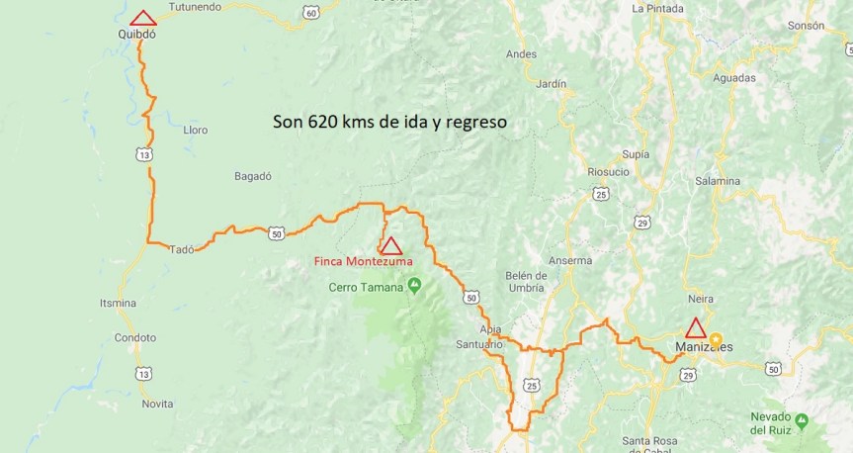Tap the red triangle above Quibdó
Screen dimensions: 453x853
(143, 18)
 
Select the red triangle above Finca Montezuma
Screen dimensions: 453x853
(391, 246)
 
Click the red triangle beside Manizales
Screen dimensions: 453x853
(696, 328)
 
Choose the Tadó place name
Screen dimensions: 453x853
(182, 249)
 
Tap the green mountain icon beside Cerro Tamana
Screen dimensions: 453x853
(414, 287)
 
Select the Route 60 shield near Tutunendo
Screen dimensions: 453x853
(311, 12)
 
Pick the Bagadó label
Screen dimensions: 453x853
(252, 176)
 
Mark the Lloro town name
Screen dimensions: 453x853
(196, 130)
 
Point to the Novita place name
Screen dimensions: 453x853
(157, 404)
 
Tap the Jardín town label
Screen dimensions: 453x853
(551, 84)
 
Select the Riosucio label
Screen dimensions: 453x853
(609, 171)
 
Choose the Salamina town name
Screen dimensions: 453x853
(718, 180)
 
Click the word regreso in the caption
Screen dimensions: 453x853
(476, 123)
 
